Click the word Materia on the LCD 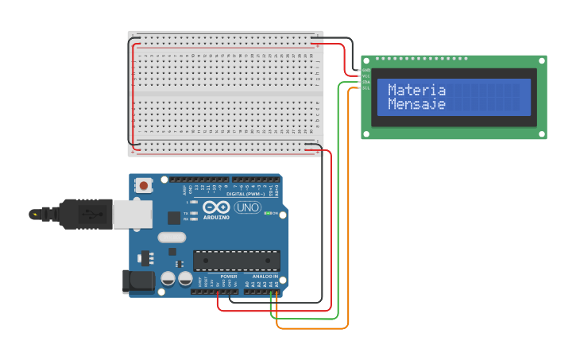tap(416, 91)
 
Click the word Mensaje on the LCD tap(416, 104)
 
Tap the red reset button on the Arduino tap(144, 185)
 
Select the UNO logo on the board tap(247, 207)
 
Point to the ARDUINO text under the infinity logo tap(216, 217)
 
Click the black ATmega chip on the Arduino tap(237, 260)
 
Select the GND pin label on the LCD tap(365, 70)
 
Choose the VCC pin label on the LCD tap(365, 75)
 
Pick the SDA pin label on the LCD tap(365, 82)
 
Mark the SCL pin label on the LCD tap(365, 87)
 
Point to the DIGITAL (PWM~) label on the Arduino tap(246, 194)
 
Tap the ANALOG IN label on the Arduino tap(265, 277)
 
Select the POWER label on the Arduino tap(218, 277)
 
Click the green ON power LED tap(268, 213)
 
